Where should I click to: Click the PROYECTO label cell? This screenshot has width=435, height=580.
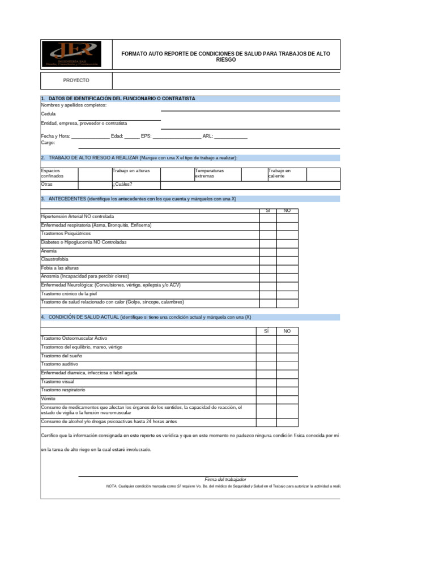(76, 80)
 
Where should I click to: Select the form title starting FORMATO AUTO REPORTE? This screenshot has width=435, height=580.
(226, 56)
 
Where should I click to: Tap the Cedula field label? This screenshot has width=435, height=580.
(48, 114)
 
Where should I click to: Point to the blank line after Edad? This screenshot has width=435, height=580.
(131, 137)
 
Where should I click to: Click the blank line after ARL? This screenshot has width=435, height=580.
(231, 137)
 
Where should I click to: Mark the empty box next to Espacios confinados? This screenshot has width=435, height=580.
(95, 173)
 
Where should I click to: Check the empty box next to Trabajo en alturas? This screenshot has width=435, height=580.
(177, 173)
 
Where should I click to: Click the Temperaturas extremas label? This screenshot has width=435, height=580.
(209, 173)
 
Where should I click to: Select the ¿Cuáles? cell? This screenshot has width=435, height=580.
(136, 185)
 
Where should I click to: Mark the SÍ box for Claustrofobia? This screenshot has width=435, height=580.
(268, 259)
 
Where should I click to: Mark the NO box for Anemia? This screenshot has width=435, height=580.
(287, 251)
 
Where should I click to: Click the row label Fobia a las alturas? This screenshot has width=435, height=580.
(59, 268)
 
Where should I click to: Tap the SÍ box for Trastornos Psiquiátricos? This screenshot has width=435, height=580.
(268, 233)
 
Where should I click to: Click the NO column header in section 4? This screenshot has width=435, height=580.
(287, 331)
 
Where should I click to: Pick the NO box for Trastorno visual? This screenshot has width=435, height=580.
(287, 382)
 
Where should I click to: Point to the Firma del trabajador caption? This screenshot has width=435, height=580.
(225, 480)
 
